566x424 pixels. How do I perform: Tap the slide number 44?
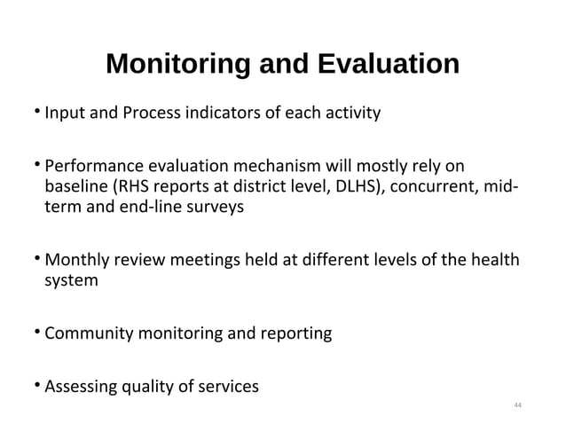click(519, 405)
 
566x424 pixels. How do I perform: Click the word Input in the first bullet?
click(62, 114)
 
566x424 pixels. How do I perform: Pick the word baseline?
click(76, 186)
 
